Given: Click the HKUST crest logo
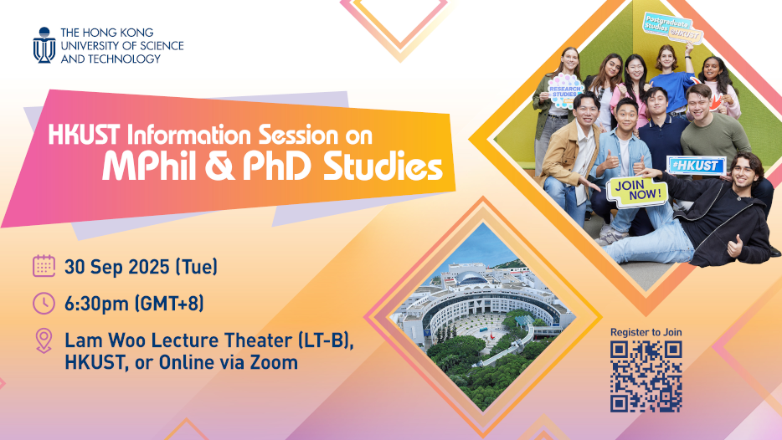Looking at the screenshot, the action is click(x=44, y=45).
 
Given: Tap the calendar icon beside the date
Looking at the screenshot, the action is click(x=44, y=266).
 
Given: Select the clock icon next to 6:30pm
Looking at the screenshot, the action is click(x=44, y=303).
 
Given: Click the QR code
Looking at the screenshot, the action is click(x=646, y=376).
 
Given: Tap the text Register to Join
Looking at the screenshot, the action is click(x=646, y=332).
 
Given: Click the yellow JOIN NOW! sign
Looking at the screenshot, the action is click(x=637, y=191).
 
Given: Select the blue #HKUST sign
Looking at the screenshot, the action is click(x=697, y=166).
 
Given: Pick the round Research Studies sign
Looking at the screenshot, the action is click(x=564, y=90).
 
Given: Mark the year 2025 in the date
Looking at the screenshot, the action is click(x=149, y=267).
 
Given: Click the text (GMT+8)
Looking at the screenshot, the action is click(x=169, y=304).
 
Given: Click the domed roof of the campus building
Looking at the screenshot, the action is click(x=471, y=277).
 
